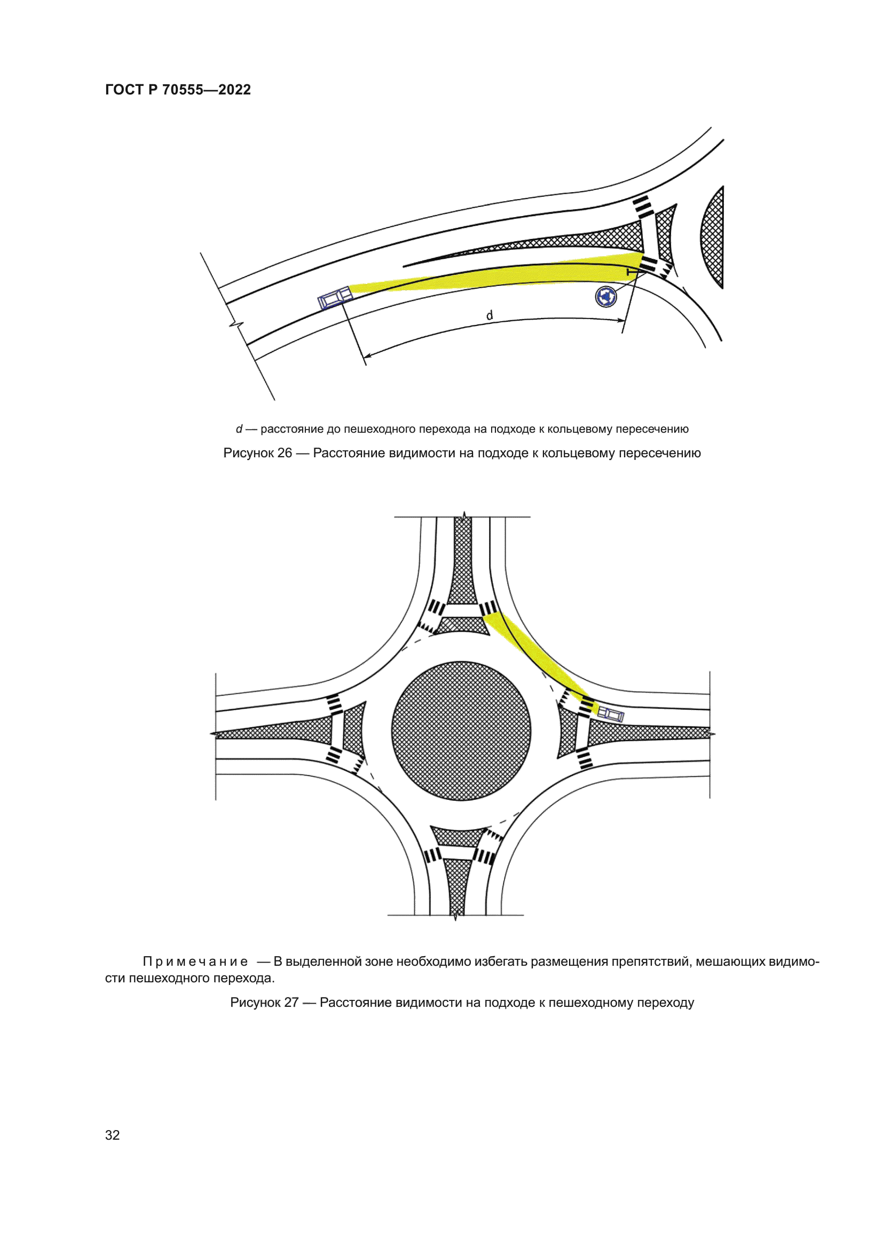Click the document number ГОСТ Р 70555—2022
point(178,90)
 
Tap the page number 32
point(112,1134)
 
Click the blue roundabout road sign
point(606,296)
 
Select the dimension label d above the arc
point(490,315)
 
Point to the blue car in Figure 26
point(335,298)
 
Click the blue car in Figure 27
point(611,714)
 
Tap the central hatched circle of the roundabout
point(461,730)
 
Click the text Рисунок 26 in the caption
point(258,453)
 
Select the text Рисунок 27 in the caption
point(264,1003)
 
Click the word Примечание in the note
point(195,961)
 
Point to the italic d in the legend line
point(239,429)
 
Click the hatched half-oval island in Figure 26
point(713,237)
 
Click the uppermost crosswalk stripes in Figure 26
point(643,208)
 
